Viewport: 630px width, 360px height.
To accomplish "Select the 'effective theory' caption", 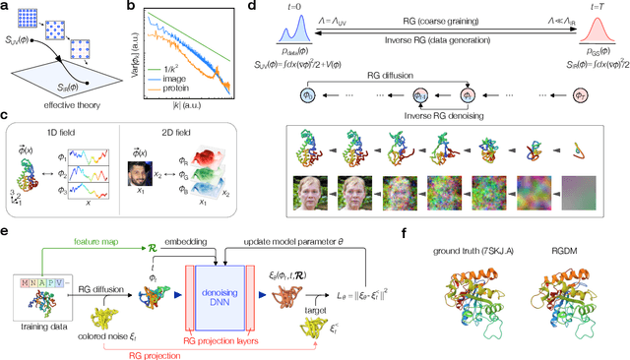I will click(49, 99).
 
